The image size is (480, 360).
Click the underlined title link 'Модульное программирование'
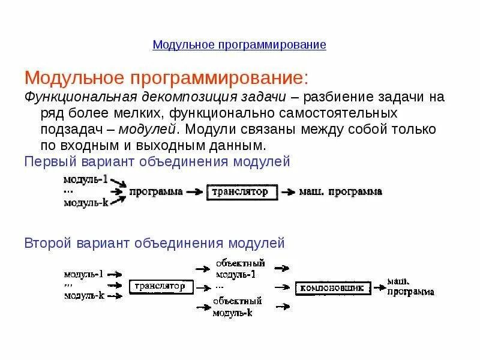239,45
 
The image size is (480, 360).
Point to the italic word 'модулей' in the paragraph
148,129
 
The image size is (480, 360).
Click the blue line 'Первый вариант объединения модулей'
157,161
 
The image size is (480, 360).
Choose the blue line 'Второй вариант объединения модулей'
154,243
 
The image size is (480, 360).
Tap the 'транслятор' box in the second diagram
161,287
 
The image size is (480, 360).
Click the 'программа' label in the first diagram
156,192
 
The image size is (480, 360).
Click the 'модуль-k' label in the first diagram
86,203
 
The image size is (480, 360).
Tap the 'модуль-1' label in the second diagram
83,274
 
